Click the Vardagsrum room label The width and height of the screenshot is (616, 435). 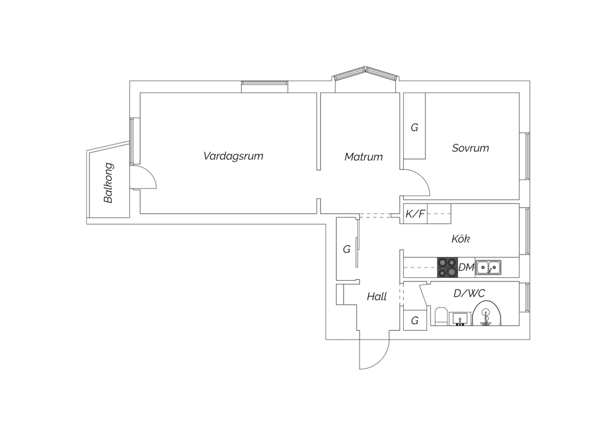(x=233, y=156)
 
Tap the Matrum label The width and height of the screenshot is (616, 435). (x=363, y=157)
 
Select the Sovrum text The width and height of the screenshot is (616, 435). (x=470, y=148)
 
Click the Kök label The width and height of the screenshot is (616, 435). (x=461, y=238)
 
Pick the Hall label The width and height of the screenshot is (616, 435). (x=377, y=297)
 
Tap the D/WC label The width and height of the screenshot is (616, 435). (x=469, y=293)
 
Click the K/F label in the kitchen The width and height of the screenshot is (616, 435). (x=415, y=214)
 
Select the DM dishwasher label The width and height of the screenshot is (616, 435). (x=467, y=267)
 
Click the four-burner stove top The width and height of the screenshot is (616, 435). (x=448, y=268)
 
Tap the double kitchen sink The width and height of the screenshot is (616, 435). (x=488, y=267)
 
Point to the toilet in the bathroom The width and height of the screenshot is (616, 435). (x=441, y=316)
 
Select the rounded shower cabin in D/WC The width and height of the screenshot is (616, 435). (x=487, y=313)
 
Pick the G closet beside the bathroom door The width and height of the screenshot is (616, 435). (x=415, y=321)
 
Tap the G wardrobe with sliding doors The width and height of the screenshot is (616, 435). (x=347, y=249)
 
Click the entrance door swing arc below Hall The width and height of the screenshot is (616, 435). (x=381, y=358)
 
